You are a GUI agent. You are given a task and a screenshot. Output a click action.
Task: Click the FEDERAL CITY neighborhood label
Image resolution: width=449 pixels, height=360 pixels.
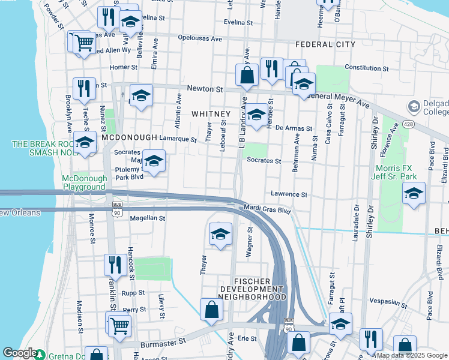click(325, 44)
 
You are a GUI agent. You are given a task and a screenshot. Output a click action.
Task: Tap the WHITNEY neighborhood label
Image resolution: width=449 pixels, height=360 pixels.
click(211, 114)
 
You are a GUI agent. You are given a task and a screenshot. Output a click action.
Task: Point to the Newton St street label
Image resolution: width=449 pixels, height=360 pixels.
click(205, 89)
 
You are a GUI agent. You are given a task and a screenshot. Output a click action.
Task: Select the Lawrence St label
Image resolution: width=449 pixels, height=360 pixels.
click(289, 194)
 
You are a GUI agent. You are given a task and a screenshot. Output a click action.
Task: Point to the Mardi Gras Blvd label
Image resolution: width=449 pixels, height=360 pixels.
click(267, 211)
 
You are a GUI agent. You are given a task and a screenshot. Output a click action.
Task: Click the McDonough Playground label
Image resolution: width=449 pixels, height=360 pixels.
click(83, 182)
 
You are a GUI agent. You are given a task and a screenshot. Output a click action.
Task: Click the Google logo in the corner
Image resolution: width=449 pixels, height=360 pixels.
click(20, 353)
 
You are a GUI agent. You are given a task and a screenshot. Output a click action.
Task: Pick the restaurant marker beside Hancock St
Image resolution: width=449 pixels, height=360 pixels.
click(114, 265)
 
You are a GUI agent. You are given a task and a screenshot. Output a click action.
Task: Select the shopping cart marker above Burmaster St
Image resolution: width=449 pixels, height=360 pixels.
click(120, 325)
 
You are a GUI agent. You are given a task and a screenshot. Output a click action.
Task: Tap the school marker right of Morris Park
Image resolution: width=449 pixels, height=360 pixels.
click(414, 194)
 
